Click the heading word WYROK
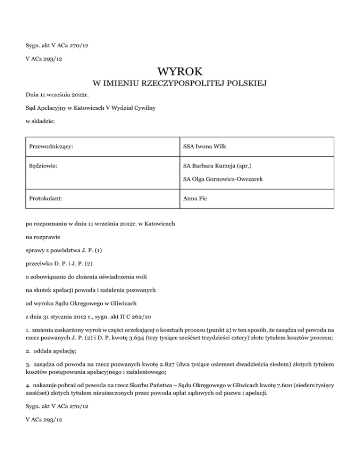[180, 72]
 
